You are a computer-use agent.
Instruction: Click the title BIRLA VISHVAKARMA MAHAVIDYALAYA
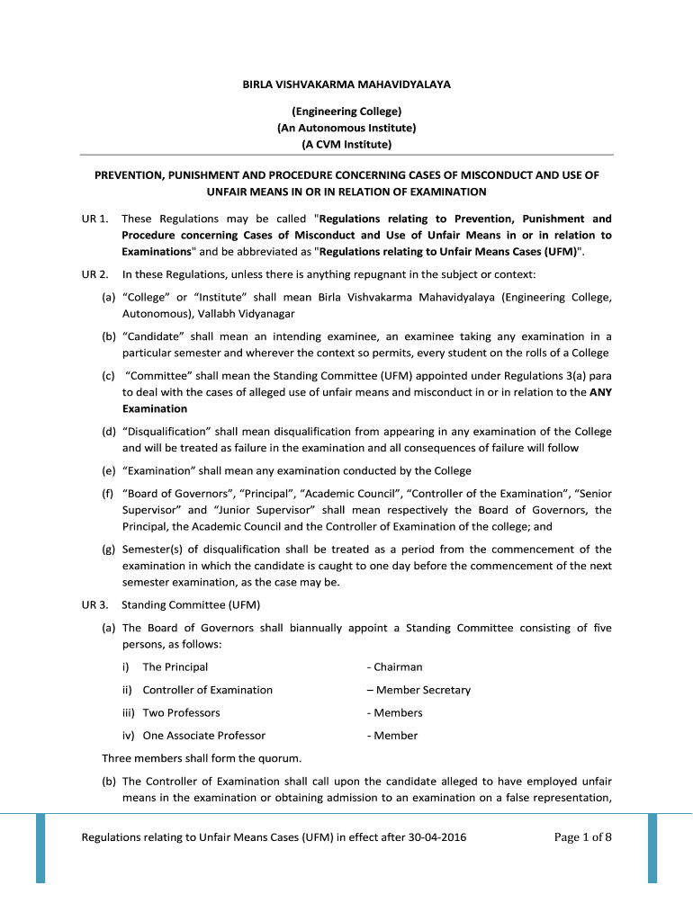click(x=346, y=85)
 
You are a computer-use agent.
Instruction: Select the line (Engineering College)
click(x=346, y=111)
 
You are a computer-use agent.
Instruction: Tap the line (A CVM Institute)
click(x=346, y=144)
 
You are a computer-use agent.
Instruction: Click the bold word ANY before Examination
click(x=600, y=392)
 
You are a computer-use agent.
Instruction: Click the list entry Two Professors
click(x=181, y=712)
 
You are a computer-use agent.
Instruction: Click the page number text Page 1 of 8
click(x=583, y=837)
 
